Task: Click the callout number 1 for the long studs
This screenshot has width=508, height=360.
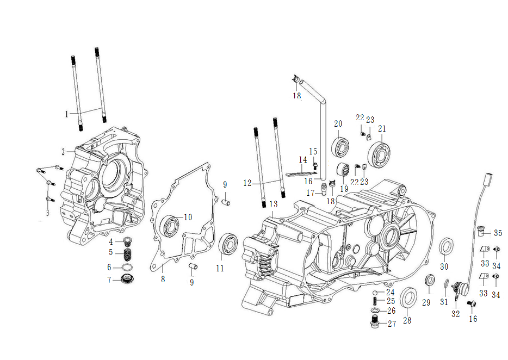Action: (x=67, y=114)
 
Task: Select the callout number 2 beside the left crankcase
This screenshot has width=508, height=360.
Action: (x=63, y=151)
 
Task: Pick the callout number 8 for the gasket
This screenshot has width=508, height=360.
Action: (x=163, y=279)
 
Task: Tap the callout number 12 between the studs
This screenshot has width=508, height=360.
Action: (x=247, y=183)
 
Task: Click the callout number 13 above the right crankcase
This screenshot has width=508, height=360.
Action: (x=273, y=203)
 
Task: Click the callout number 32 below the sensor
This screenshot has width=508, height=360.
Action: (x=456, y=314)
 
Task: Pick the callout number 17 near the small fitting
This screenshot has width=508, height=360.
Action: (x=310, y=193)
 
